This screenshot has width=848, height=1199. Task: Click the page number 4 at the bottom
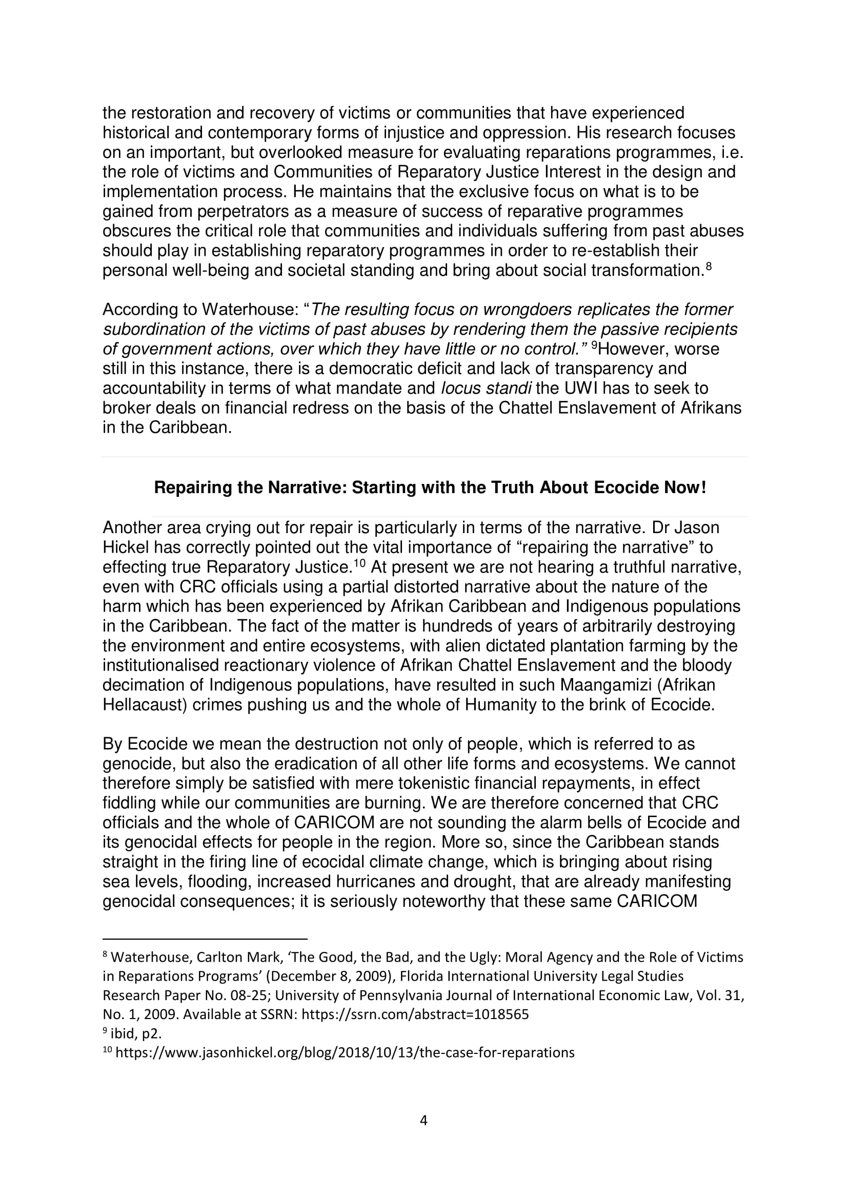coord(423,1120)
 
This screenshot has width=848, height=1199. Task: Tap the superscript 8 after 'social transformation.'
coord(709,266)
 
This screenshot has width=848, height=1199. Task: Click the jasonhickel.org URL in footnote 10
coord(345,1052)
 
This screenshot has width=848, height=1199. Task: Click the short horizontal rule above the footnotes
coord(205,939)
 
